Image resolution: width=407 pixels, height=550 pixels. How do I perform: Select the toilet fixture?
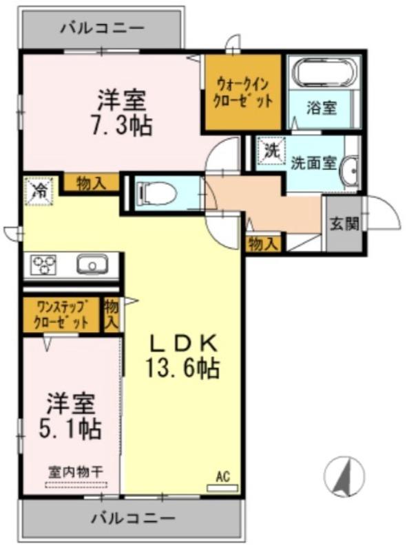[152, 194]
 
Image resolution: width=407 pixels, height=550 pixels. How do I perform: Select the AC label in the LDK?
[222, 476]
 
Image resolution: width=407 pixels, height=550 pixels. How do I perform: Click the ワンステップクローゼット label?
[61, 313]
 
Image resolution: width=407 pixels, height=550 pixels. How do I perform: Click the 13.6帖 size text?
[182, 369]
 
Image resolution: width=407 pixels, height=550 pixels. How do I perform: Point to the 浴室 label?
[322, 107]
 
